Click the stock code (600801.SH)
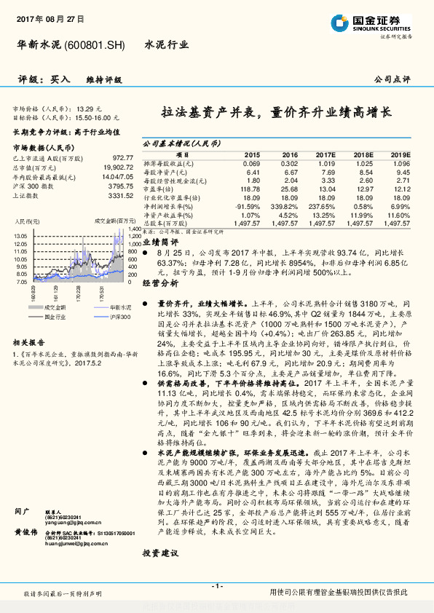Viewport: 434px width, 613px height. click(95, 45)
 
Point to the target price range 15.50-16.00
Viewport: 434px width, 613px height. click(94, 115)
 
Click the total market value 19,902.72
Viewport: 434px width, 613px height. click(117, 167)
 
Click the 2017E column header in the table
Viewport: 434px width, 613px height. click(325, 154)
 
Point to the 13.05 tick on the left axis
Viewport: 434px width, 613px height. click(20, 236)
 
